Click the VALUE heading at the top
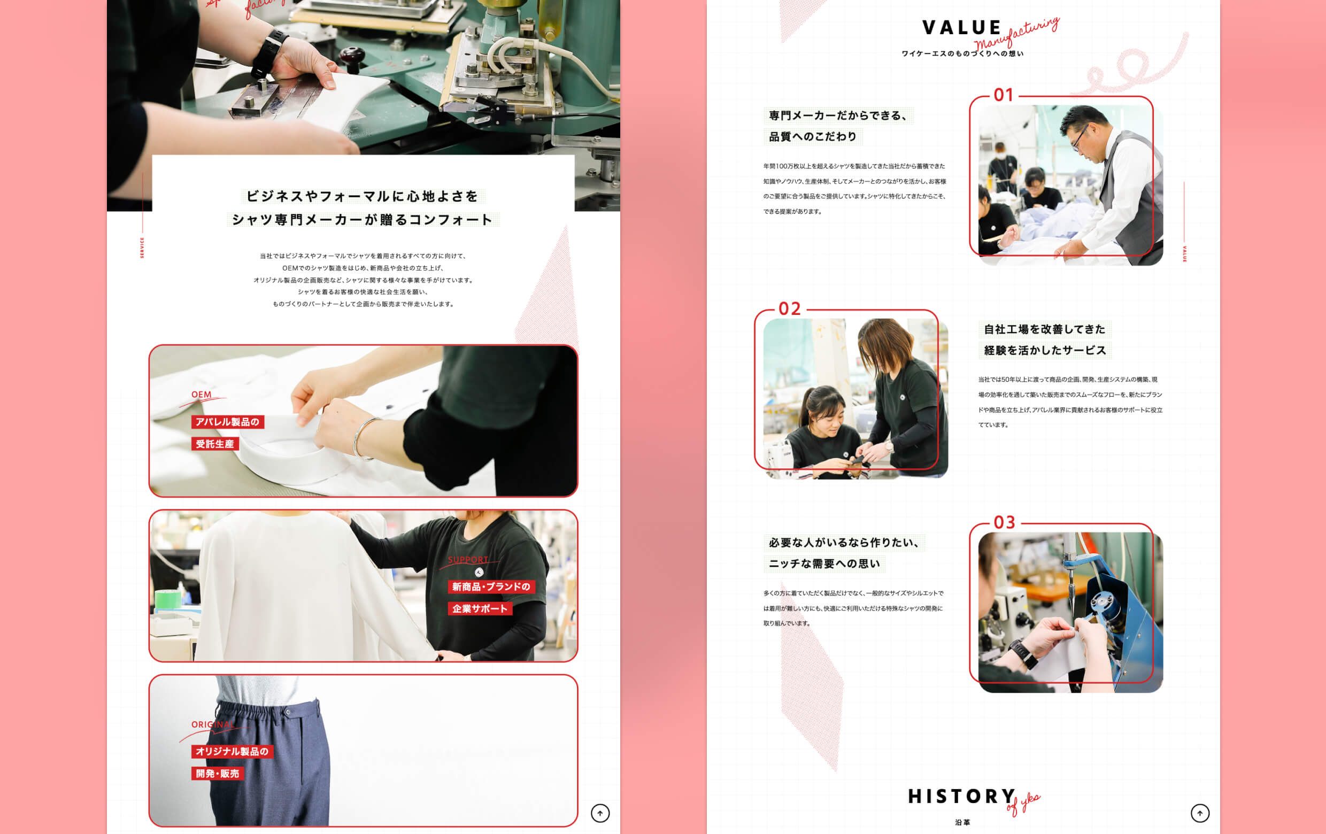[961, 27]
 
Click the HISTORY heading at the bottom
[961, 796]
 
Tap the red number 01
[1003, 95]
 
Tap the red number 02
[789, 309]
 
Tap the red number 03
[1004, 522]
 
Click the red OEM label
[201, 395]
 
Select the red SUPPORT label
[467, 560]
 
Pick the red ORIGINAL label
[213, 724]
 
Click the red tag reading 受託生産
[215, 444]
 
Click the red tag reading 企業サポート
[480, 609]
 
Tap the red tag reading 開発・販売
[218, 774]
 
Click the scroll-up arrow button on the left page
[600, 813]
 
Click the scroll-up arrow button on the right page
[1200, 813]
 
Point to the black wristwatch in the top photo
[269, 52]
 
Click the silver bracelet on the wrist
[362, 438]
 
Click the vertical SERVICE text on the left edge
[142, 248]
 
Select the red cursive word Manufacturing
[1016, 34]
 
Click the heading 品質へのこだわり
[812, 136]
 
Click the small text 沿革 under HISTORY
[962, 822]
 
